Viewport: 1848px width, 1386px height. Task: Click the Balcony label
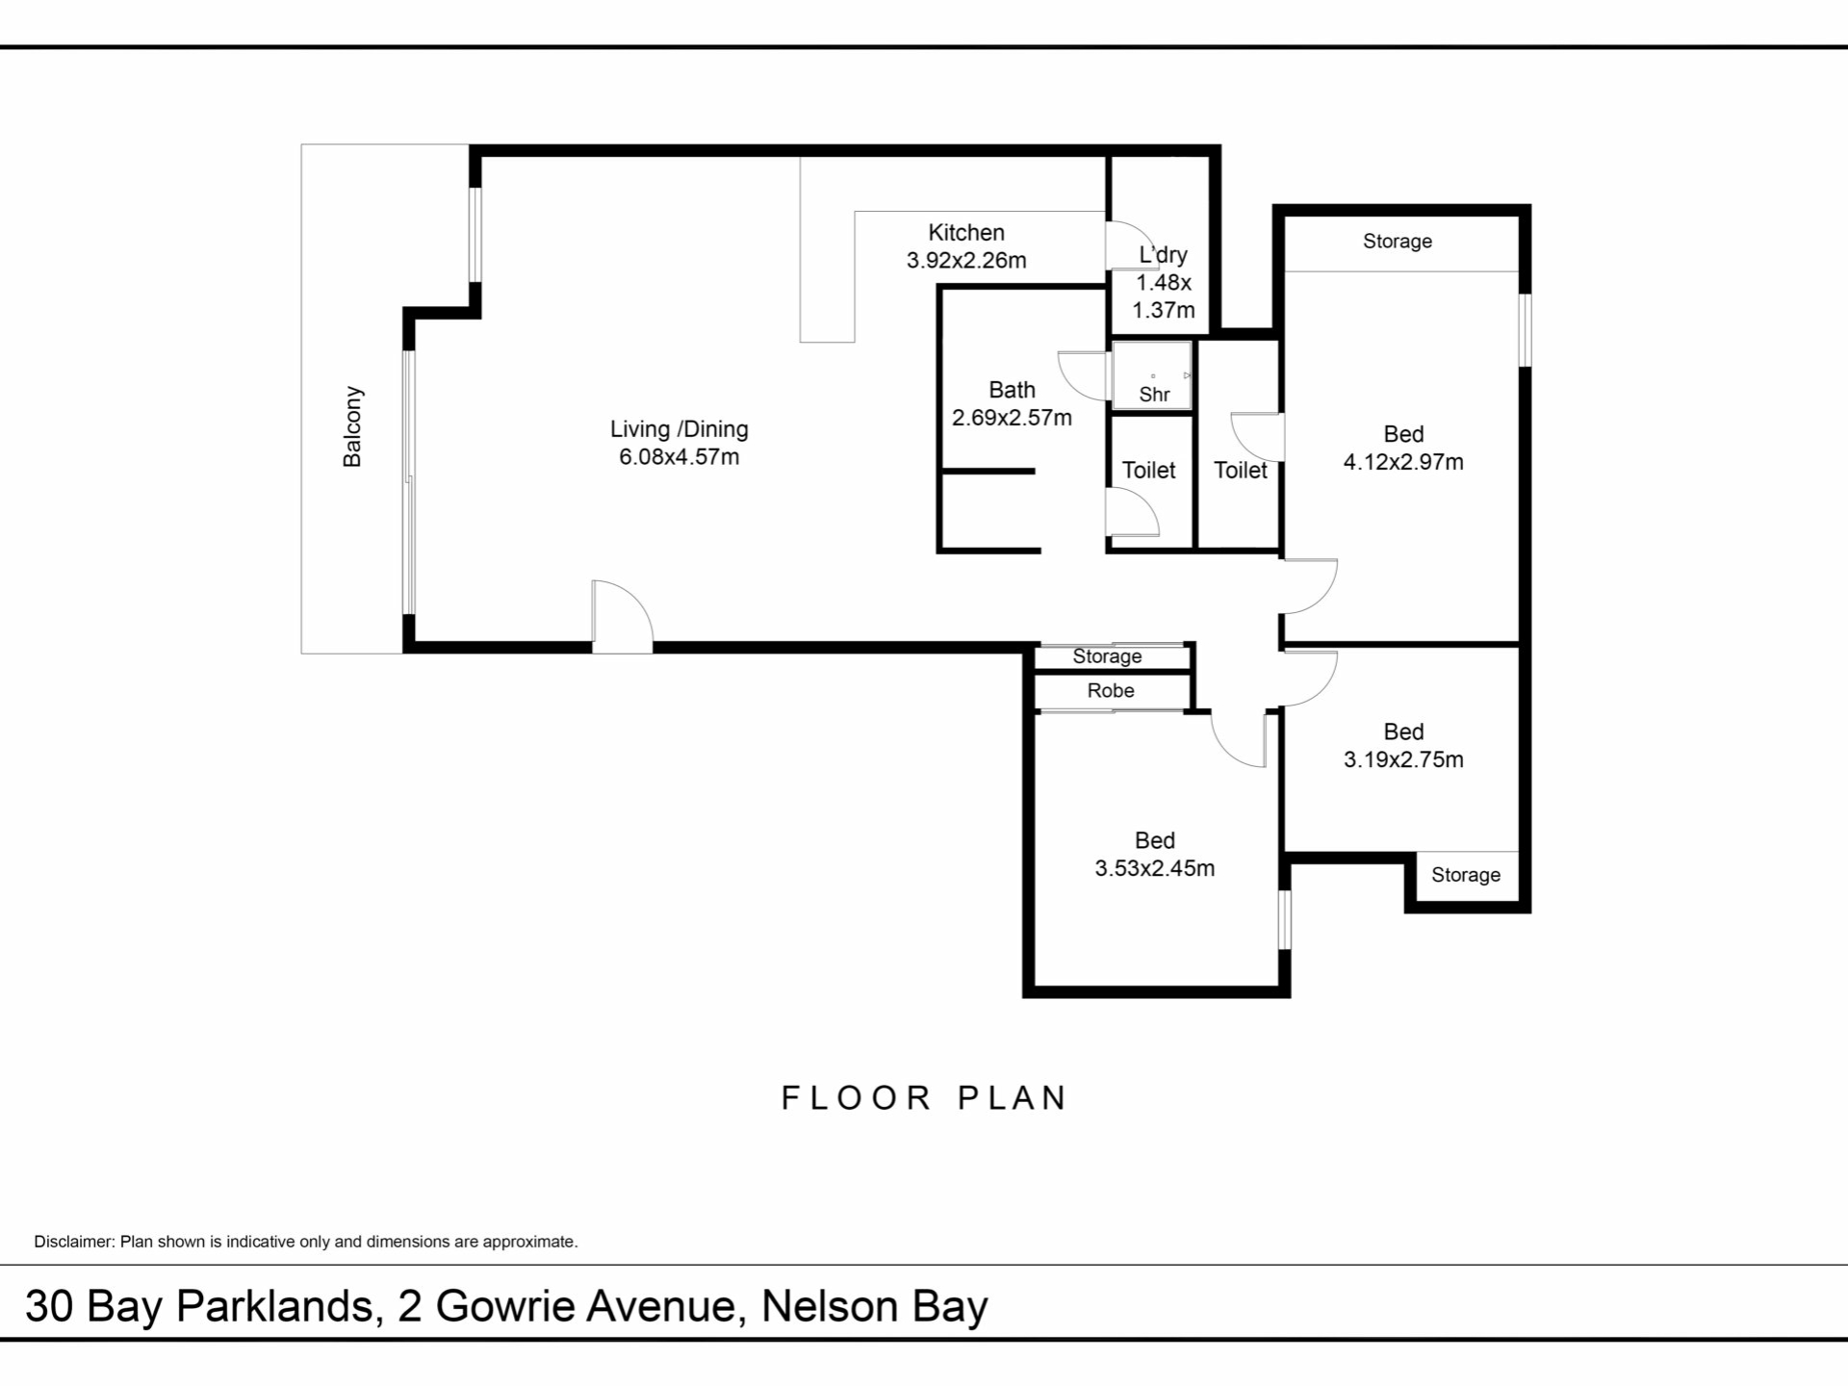(x=353, y=426)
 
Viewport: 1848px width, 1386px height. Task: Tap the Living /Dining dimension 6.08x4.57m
(x=679, y=457)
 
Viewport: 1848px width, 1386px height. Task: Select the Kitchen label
(x=966, y=232)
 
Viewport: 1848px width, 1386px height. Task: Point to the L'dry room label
(x=1163, y=255)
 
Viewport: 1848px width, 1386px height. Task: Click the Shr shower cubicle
(x=1152, y=374)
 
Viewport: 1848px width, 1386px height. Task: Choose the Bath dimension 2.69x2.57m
(x=1012, y=418)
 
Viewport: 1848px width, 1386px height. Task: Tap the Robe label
(x=1111, y=690)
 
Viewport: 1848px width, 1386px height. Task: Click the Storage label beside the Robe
(x=1107, y=656)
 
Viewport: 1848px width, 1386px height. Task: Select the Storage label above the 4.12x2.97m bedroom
(x=1397, y=242)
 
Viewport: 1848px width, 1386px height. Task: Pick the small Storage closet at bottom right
(x=1466, y=876)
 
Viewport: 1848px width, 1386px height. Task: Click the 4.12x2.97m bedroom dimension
(x=1403, y=462)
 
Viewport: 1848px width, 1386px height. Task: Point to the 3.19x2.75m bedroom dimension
(x=1403, y=759)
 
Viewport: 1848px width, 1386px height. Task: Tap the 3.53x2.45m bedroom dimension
(x=1154, y=868)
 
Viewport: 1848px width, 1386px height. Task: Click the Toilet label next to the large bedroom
(x=1241, y=470)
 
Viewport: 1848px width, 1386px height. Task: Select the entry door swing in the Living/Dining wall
(x=622, y=616)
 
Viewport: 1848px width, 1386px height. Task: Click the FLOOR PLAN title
(x=924, y=1098)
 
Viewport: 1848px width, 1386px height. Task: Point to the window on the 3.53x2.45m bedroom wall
(x=1285, y=920)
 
